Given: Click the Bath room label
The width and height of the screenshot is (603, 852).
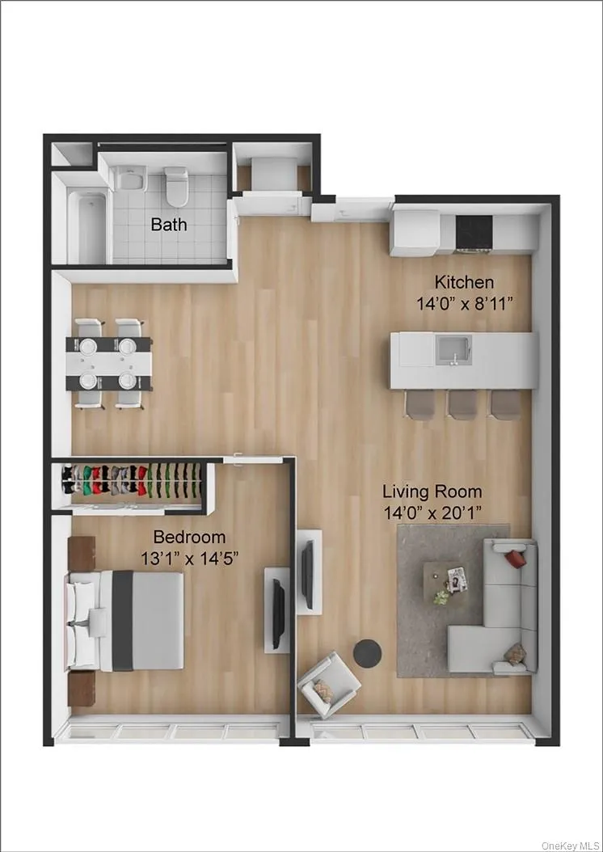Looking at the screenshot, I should (x=169, y=224).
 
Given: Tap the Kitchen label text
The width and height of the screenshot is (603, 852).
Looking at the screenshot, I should (x=464, y=282).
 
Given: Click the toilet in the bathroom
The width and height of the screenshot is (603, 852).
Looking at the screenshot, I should (x=176, y=185).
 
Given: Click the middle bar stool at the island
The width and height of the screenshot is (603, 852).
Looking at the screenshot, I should (x=463, y=404).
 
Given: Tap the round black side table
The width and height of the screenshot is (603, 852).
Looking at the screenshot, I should (x=369, y=653).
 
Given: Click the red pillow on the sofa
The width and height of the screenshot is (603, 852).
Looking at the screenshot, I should (x=515, y=557).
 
